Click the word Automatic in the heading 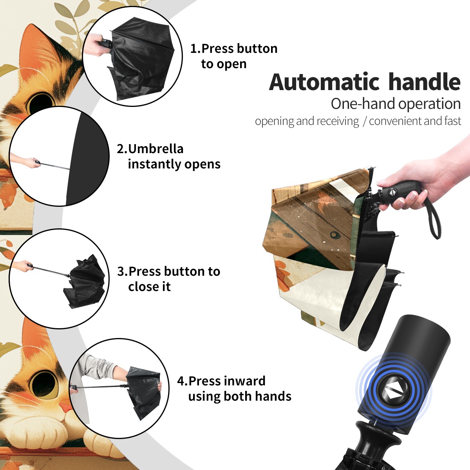[x=324, y=82]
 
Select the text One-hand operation [x=396, y=104]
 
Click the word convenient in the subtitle [x=395, y=121]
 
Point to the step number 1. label [x=195, y=49]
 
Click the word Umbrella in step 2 [x=155, y=149]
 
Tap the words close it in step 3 [x=149, y=287]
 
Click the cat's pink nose [x=65, y=407]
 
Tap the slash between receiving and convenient [x=365, y=121]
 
